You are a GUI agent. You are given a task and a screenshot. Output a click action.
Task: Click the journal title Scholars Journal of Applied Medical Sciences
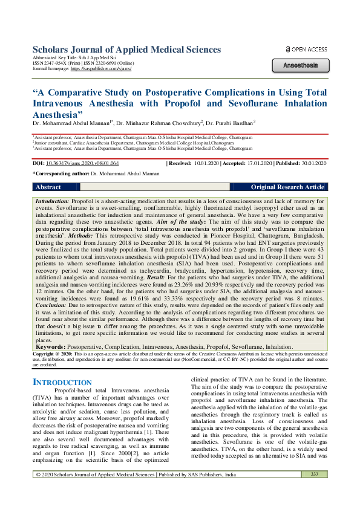pos(126,50)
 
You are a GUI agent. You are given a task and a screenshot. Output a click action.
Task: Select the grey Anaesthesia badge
pos(300,65)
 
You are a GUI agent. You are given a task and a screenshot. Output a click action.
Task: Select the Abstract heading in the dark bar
pos(48,187)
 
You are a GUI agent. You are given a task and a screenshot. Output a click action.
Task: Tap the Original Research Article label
pos(287,187)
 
